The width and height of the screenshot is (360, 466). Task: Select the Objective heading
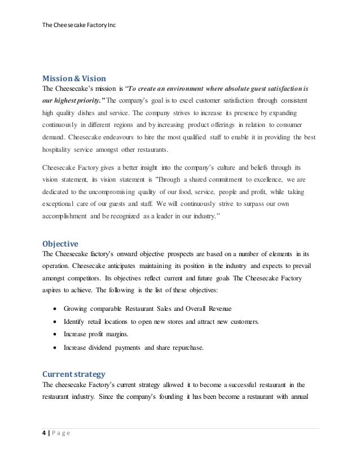[x=61, y=244]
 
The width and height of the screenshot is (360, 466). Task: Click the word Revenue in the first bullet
[x=217, y=309]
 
